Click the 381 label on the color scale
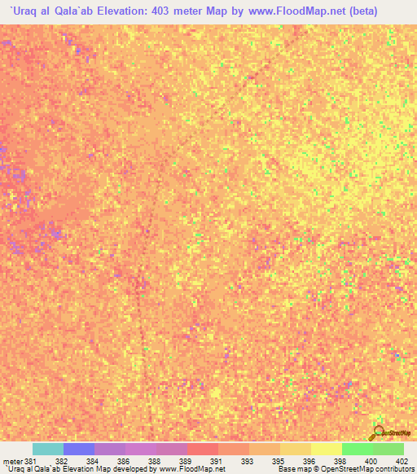pyautogui.click(x=31, y=461)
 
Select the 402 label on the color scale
pyautogui.click(x=401, y=461)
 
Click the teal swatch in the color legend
pyautogui.click(x=48, y=449)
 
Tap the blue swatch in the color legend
pyautogui.click(x=79, y=449)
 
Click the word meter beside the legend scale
pyautogui.click(x=11, y=461)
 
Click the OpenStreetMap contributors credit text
pyautogui.click(x=367, y=469)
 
